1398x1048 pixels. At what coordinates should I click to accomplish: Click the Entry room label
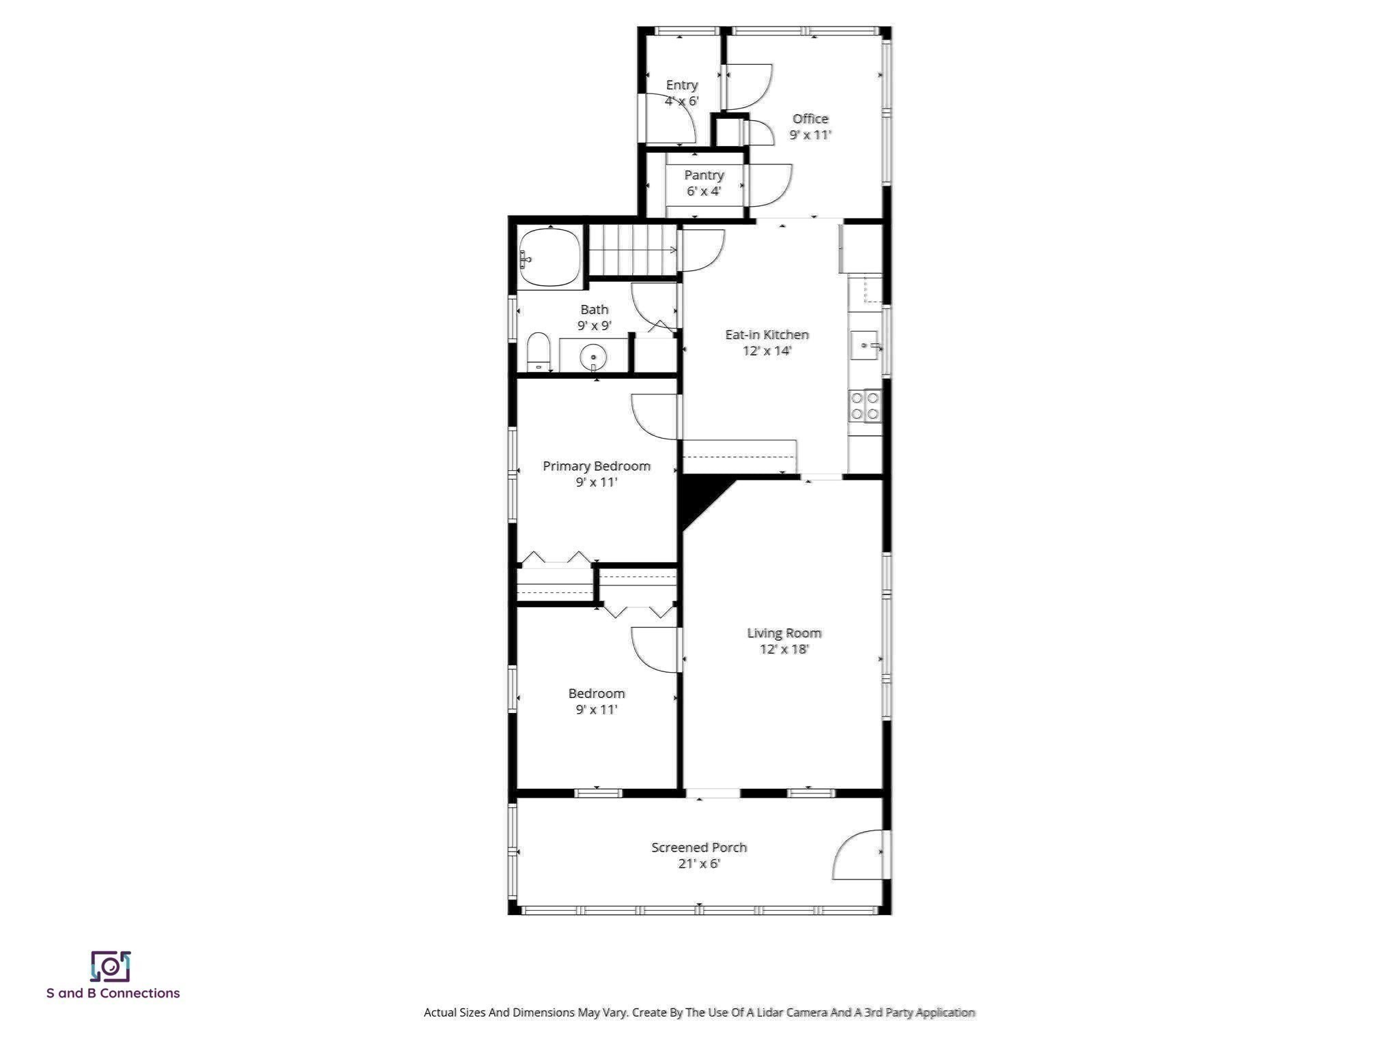click(681, 85)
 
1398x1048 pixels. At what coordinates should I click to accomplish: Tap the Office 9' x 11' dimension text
click(810, 135)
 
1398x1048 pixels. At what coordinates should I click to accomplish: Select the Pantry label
click(704, 175)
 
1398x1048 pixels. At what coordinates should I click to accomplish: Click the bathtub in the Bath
click(550, 258)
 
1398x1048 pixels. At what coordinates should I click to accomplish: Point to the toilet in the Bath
click(539, 352)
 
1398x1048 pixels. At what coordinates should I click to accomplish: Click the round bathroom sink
click(593, 357)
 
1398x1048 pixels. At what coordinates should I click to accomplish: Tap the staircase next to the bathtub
click(632, 250)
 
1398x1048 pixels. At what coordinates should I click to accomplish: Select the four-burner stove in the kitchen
click(864, 405)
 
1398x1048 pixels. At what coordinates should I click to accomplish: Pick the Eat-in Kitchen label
click(767, 335)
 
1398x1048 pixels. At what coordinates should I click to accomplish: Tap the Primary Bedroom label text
click(596, 466)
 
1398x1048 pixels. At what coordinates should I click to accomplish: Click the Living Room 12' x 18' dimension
click(784, 650)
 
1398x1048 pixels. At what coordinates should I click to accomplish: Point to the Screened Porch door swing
click(859, 854)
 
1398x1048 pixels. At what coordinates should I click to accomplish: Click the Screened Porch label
click(698, 847)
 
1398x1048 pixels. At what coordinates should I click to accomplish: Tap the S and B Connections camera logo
click(110, 966)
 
